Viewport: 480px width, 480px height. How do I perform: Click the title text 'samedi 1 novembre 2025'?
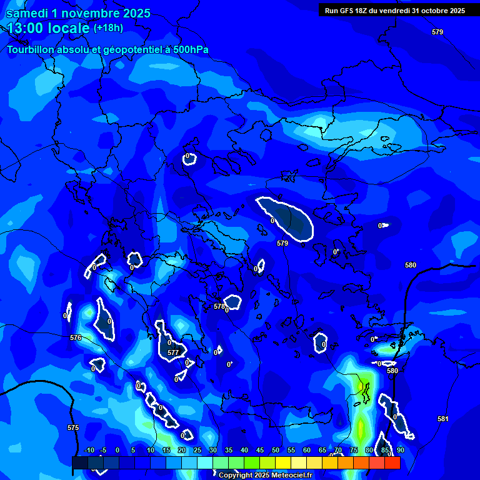(x=78, y=13)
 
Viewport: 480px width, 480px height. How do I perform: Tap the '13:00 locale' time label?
(x=49, y=28)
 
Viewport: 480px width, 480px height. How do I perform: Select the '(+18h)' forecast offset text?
(x=108, y=27)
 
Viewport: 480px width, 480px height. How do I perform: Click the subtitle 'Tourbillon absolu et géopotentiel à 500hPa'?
(x=107, y=49)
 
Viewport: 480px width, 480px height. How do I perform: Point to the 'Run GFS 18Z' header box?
(x=394, y=10)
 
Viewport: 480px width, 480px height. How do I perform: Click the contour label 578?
(x=219, y=306)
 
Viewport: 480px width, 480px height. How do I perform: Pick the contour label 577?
(x=173, y=352)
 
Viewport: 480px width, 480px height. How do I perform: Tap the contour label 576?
(x=76, y=337)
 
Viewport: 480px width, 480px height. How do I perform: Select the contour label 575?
(x=73, y=427)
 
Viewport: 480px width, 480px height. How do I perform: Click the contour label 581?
(x=442, y=419)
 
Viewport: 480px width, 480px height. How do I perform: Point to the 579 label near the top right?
(x=437, y=32)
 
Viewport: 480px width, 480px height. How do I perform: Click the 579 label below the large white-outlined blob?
(x=282, y=243)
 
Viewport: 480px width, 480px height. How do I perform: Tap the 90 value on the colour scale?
(x=400, y=450)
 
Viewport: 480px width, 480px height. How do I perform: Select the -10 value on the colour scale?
(x=89, y=450)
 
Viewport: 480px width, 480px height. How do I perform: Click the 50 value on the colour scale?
(x=276, y=450)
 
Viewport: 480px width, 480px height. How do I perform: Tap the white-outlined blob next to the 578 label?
(x=234, y=302)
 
